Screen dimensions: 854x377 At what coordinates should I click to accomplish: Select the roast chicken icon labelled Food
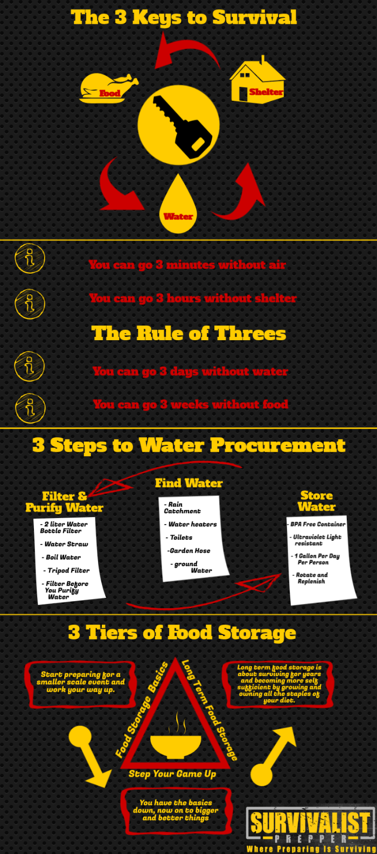[x=108, y=88]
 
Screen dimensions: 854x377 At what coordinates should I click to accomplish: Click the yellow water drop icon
[x=178, y=205]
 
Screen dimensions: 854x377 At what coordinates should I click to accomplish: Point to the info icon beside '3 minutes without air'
[x=30, y=259]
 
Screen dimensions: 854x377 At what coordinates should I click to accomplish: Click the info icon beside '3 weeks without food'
[x=30, y=408]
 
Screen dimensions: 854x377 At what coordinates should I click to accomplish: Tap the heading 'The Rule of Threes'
[x=188, y=333]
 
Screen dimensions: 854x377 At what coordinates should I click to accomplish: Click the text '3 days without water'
[x=190, y=371]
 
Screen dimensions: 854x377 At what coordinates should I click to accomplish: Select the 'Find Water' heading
[x=188, y=483]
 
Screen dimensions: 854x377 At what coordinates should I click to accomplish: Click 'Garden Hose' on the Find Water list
[x=189, y=550]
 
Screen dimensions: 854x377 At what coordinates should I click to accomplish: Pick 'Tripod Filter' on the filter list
[x=68, y=570]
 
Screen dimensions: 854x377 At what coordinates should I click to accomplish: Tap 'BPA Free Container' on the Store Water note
[x=317, y=524]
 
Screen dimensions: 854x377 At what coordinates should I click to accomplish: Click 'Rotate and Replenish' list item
[x=312, y=578]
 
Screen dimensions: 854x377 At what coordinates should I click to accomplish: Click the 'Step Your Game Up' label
[x=172, y=774]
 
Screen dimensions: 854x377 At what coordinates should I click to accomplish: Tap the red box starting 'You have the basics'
[x=176, y=810]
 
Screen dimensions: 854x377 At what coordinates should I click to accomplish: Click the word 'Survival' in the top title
[x=254, y=17]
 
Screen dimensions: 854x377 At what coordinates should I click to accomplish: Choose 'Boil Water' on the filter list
[x=63, y=557]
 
